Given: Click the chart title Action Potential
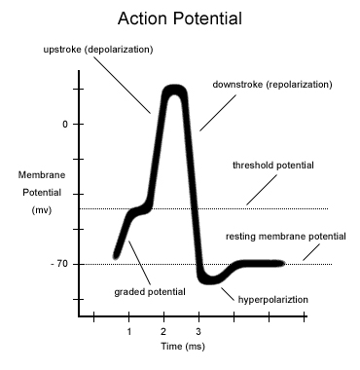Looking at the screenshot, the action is (x=180, y=18).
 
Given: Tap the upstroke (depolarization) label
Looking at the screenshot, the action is (x=98, y=50).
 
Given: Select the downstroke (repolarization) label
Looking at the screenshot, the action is (x=272, y=85).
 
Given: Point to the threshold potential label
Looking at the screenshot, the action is (x=273, y=166).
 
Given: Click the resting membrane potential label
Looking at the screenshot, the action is (x=286, y=237).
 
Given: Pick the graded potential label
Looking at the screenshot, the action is (x=150, y=292).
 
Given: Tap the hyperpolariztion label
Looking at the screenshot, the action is (x=273, y=299).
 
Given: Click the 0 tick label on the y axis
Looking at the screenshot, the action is (x=65, y=124).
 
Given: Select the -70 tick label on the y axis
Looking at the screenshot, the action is (x=59, y=264).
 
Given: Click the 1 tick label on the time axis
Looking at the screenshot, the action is (x=129, y=332).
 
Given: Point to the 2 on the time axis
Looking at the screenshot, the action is (x=163, y=332).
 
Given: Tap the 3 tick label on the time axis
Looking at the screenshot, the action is (x=198, y=332).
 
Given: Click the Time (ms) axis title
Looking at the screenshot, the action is (x=183, y=347).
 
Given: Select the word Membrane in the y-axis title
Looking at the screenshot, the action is (x=42, y=175).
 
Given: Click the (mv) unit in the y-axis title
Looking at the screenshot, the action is (x=42, y=210).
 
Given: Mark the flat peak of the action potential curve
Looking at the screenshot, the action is (x=175, y=90).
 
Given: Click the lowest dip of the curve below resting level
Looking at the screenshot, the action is (x=211, y=280).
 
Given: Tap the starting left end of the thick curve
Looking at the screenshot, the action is (x=116, y=256).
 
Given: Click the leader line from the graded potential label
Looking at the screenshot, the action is (x=140, y=263).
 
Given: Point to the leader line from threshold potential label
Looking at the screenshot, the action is (x=262, y=190).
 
